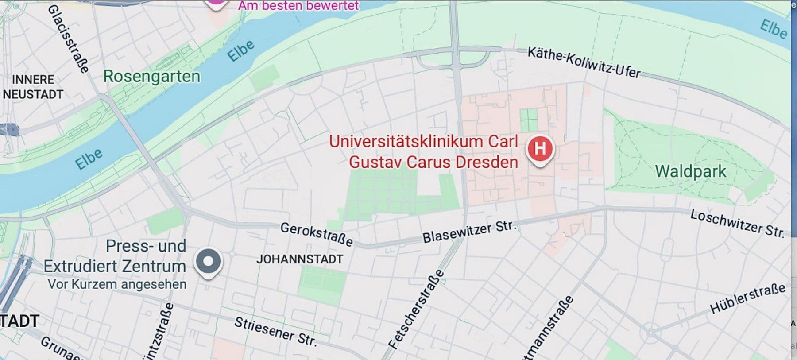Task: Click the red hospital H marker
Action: (540, 148)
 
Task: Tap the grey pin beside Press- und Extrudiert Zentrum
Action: (208, 261)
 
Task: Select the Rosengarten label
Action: (151, 77)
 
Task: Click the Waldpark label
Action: (690, 171)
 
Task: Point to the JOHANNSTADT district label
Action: (300, 259)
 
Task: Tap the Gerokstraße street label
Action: (317, 234)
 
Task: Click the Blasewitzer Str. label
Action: (469, 232)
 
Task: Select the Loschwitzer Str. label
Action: (737, 223)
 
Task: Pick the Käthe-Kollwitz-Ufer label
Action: (584, 62)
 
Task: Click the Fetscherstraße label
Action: (416, 309)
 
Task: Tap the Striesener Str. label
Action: (275, 331)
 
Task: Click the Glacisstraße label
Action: (68, 39)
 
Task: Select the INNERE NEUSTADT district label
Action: (33, 87)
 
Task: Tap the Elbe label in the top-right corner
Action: (774, 29)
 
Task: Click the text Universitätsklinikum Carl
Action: (423, 142)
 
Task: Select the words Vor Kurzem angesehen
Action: (117, 284)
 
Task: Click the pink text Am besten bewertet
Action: (298, 6)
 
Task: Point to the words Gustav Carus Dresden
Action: (433, 162)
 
